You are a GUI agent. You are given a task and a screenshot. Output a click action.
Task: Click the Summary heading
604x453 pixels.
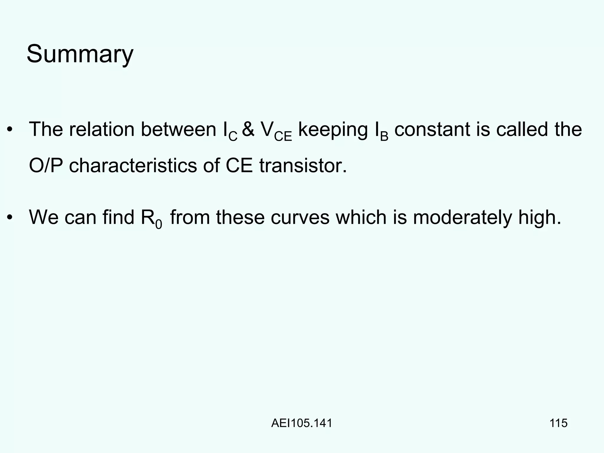[80, 54]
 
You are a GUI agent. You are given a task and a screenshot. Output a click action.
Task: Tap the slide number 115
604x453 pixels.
[559, 423]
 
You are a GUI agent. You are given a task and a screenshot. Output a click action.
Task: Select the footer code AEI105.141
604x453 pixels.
[302, 423]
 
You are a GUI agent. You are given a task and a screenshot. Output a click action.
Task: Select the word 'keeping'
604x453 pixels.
[333, 130]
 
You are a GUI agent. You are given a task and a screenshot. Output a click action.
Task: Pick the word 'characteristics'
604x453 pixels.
[133, 165]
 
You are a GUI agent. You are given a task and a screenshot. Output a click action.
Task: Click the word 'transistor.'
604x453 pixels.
[303, 165]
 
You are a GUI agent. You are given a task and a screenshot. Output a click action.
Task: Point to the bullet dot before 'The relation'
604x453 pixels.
[10, 130]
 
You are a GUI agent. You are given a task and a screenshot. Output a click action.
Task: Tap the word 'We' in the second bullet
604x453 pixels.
[44, 217]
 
